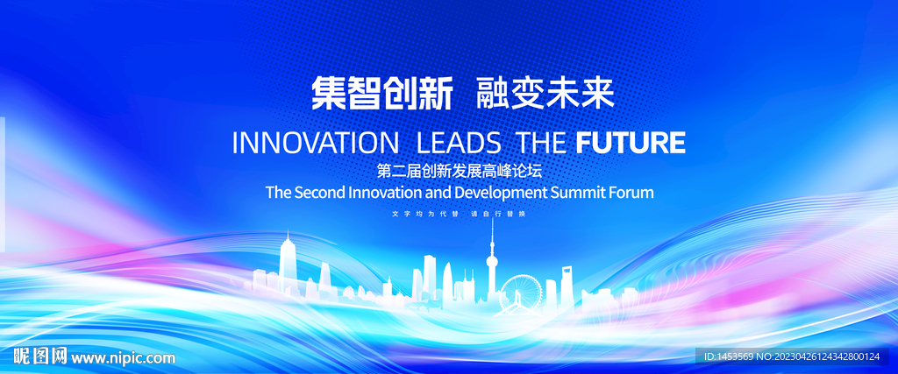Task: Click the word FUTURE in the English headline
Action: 630,143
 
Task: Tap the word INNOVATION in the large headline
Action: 315,143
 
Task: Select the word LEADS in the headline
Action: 458,143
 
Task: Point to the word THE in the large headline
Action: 541,143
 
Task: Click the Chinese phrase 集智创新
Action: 382,94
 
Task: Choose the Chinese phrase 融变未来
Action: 545,94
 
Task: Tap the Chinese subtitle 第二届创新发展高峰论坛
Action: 460,171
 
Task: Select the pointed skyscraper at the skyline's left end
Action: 287,262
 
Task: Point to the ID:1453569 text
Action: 727,356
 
